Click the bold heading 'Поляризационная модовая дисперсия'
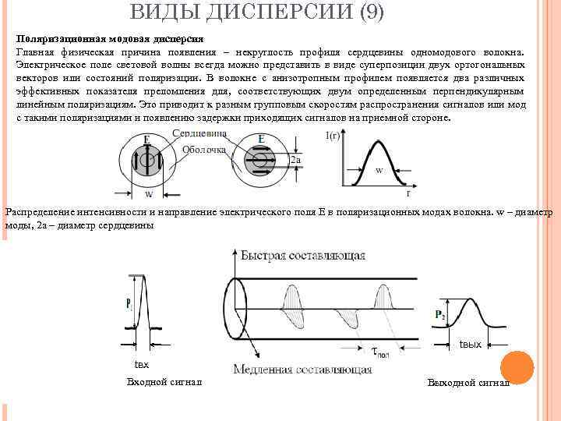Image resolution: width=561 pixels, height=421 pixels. pyautogui.click(x=110, y=37)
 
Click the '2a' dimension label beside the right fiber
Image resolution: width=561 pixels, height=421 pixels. pyautogui.click(x=295, y=161)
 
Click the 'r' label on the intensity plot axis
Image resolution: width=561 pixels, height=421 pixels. pyautogui.click(x=408, y=191)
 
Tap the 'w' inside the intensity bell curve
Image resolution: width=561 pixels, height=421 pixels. pyautogui.click(x=379, y=169)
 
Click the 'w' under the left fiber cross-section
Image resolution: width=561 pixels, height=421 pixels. pyautogui.click(x=148, y=195)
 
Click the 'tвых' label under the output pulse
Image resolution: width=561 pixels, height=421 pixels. pyautogui.click(x=471, y=344)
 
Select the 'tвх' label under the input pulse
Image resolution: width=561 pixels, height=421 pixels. pyautogui.click(x=141, y=364)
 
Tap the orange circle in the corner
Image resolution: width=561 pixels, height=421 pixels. pyautogui.click(x=516, y=368)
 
